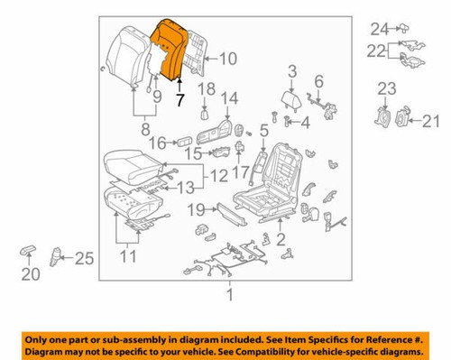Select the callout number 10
pos(226,60)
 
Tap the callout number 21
pos(429,118)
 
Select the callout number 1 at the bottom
pos(229,293)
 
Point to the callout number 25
pos(84,260)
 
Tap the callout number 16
pos(156,142)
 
